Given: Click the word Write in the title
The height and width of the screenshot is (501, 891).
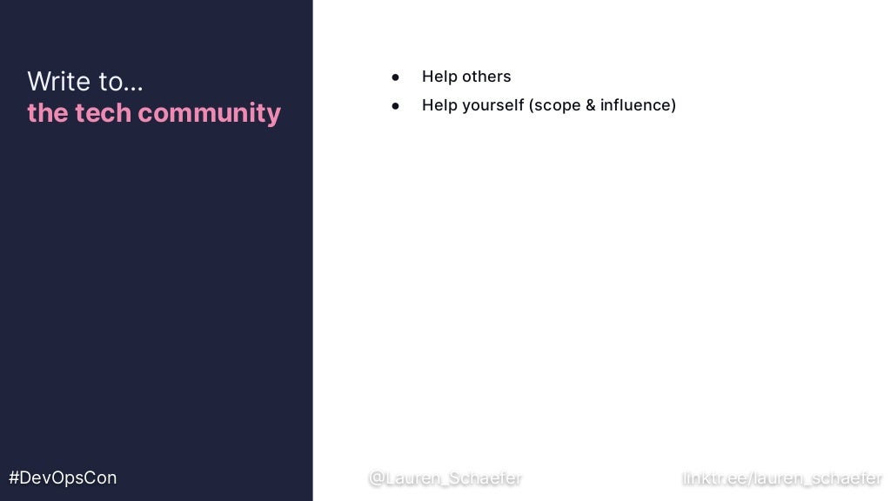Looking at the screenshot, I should click(x=59, y=81).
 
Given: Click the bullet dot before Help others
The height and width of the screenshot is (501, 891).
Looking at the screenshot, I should click(x=395, y=77).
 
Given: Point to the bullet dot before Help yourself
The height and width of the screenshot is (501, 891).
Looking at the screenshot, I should click(x=395, y=106).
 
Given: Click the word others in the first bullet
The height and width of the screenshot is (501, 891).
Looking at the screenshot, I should click(x=487, y=77).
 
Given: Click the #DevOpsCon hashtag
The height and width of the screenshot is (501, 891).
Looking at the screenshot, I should click(x=63, y=478).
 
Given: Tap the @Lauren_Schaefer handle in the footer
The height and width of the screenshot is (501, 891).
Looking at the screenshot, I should click(x=445, y=478).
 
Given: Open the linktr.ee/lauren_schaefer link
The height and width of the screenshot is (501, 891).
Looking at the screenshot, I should click(x=782, y=478).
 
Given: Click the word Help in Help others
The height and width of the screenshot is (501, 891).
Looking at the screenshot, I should click(x=439, y=77).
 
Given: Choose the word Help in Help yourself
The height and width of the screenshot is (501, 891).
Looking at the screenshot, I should click(x=439, y=105).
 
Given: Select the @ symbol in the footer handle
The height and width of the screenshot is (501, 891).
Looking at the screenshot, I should click(x=377, y=478).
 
